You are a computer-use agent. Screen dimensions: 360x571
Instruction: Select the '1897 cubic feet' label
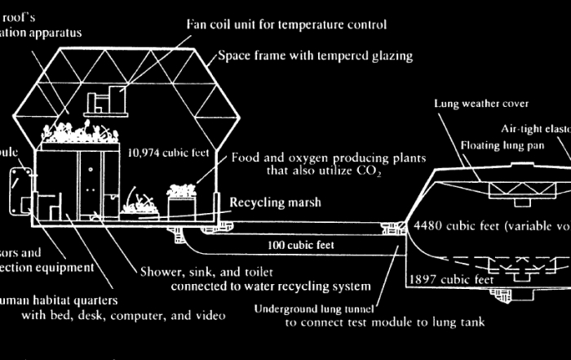451,279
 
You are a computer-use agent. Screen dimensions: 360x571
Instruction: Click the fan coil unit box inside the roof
104,101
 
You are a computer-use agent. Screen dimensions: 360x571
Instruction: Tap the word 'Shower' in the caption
157,272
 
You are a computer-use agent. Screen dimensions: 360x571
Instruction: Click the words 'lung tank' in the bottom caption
459,322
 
